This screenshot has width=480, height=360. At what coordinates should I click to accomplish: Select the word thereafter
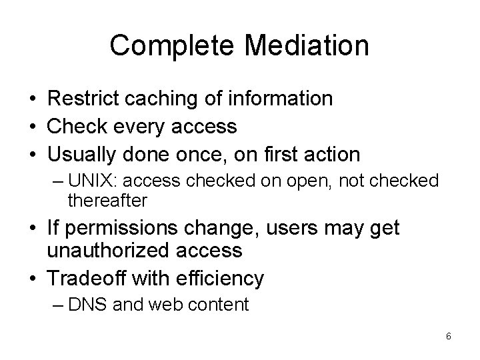[x=107, y=199]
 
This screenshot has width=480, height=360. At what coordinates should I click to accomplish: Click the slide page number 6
[x=449, y=336]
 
